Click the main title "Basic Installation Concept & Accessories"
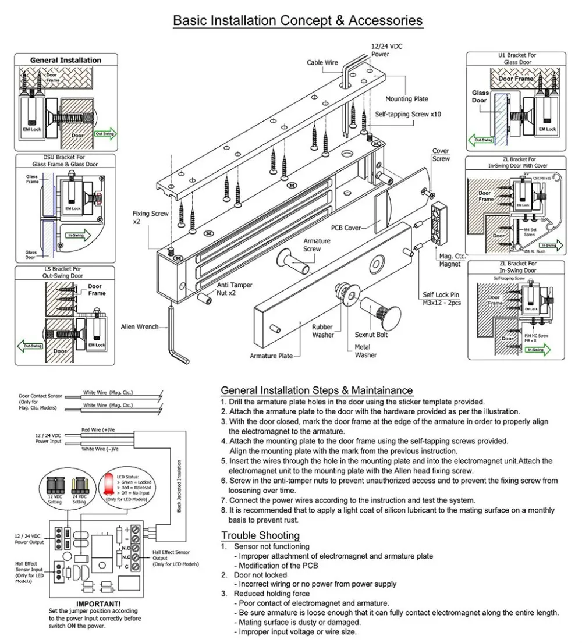[297, 21]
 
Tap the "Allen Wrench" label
[139, 326]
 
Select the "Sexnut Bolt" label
[371, 335]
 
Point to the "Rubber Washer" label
[323, 331]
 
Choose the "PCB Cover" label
[346, 228]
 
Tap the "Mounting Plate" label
[407, 99]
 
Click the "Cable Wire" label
[322, 62]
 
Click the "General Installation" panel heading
[65, 60]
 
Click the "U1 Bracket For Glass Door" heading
[517, 59]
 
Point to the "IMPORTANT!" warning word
[98, 603]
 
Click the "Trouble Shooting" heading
[260, 535]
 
